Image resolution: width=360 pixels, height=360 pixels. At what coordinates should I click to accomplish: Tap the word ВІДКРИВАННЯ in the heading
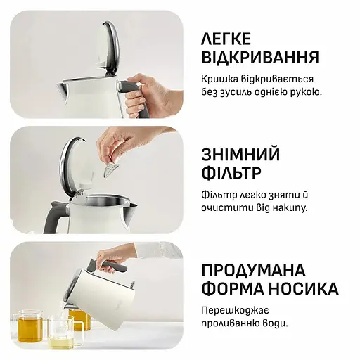pos(260,57)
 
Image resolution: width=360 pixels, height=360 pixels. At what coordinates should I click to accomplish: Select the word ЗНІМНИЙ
pos(240,154)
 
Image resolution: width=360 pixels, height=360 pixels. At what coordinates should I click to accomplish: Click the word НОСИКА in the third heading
pos(302,290)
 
